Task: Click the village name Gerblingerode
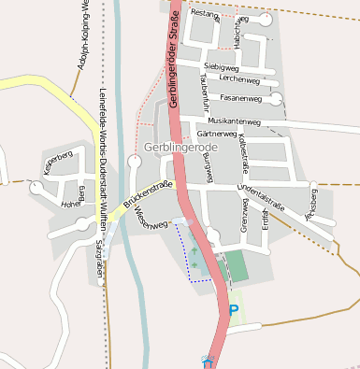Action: click(x=182, y=149)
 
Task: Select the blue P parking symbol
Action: click(x=234, y=309)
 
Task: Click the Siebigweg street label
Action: click(x=221, y=67)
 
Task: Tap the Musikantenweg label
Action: click(x=235, y=121)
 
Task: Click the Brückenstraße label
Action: click(x=144, y=197)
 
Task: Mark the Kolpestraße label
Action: click(x=243, y=152)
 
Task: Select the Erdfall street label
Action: click(x=266, y=216)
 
